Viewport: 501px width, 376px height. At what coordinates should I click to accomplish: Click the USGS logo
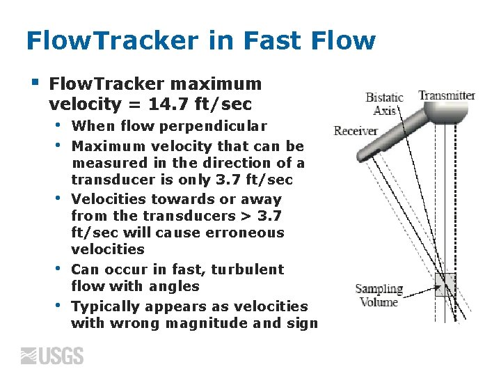52,356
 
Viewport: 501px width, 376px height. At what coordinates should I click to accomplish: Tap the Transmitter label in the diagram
446,95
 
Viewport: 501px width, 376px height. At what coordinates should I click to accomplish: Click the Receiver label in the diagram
356,131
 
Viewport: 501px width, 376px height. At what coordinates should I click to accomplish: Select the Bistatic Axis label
384,104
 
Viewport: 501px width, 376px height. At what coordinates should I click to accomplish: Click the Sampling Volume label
379,295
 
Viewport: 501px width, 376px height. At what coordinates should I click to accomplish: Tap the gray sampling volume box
445,285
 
